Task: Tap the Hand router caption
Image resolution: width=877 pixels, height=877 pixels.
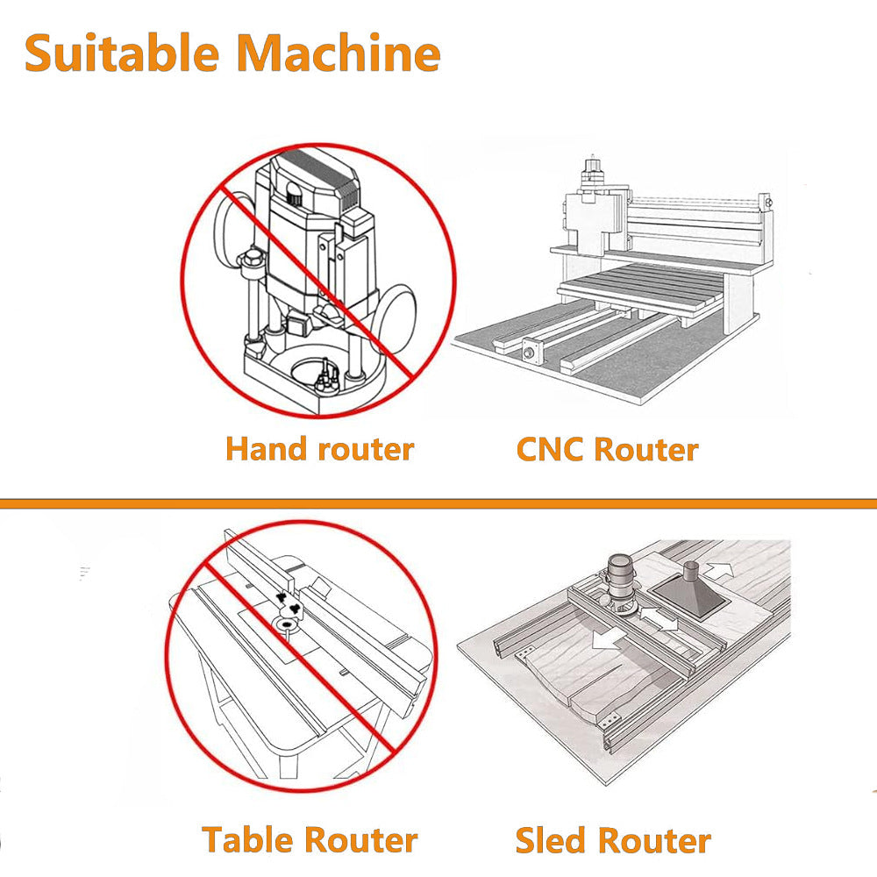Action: pyautogui.click(x=319, y=449)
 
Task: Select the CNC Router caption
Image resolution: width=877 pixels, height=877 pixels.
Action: pyautogui.click(x=607, y=449)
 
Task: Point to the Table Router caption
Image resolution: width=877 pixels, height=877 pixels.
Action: pyautogui.click(x=310, y=839)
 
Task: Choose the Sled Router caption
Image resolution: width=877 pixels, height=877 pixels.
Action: pyautogui.click(x=612, y=839)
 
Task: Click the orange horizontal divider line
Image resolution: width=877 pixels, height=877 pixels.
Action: pyautogui.click(x=438, y=503)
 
